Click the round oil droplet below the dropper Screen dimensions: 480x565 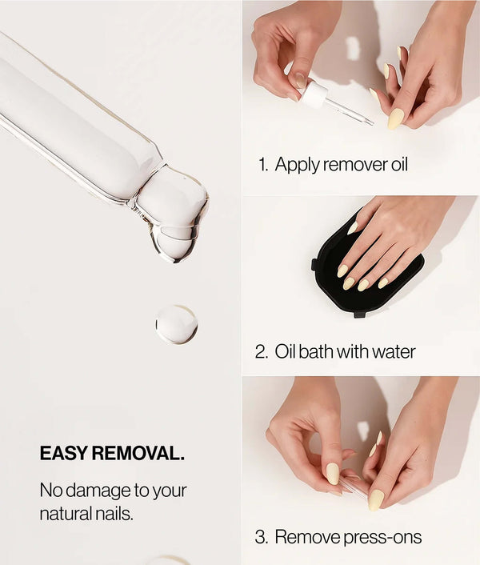point(177,324)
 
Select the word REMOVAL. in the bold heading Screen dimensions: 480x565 point(138,453)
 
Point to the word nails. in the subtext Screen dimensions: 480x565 point(113,514)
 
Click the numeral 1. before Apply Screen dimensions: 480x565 point(263,164)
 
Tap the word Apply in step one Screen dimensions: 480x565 point(297,165)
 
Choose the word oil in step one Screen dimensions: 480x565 point(399,164)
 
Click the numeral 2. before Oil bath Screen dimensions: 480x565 point(262,351)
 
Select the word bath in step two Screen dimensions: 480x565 point(316,351)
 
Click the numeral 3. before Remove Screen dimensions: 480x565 point(262,536)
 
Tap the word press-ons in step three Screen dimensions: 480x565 point(382,537)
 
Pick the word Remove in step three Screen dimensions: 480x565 point(308,536)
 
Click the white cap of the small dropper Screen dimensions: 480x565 point(314,94)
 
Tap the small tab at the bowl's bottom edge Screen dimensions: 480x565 point(360,315)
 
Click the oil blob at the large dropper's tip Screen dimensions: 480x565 point(173,213)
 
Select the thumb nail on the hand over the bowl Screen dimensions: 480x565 point(352,228)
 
